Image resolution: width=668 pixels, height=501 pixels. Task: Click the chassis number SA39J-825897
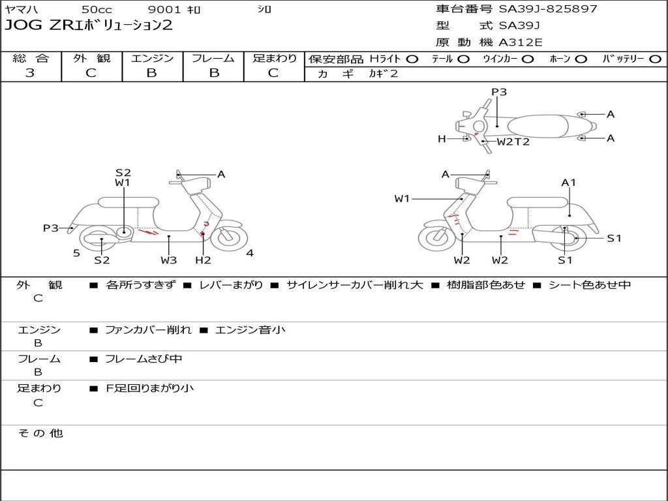(x=548, y=9)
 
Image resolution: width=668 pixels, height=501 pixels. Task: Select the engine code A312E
(x=520, y=42)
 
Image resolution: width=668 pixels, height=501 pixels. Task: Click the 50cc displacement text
(x=97, y=10)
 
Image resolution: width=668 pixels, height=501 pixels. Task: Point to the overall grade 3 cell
(x=30, y=73)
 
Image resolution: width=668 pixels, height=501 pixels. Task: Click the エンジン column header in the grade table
(x=152, y=58)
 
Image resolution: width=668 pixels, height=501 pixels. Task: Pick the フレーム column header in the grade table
(x=213, y=58)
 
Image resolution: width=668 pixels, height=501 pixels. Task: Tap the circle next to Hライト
(x=412, y=59)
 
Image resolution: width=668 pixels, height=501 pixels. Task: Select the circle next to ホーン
(x=581, y=59)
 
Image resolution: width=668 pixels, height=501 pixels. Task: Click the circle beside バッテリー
(x=656, y=59)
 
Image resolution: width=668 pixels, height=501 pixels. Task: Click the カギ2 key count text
(x=384, y=74)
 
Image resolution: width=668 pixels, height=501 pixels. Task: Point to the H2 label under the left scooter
(x=203, y=260)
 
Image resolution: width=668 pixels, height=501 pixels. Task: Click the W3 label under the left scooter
(x=169, y=260)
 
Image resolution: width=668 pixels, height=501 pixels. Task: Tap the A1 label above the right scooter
(x=569, y=183)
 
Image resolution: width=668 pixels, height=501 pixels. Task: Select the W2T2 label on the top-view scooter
(x=513, y=142)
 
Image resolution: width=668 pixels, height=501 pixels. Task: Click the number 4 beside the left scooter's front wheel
(x=250, y=253)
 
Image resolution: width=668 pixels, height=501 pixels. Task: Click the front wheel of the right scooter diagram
(x=436, y=238)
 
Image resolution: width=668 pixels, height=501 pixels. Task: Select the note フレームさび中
(x=144, y=359)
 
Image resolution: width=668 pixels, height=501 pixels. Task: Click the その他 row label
(x=40, y=433)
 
